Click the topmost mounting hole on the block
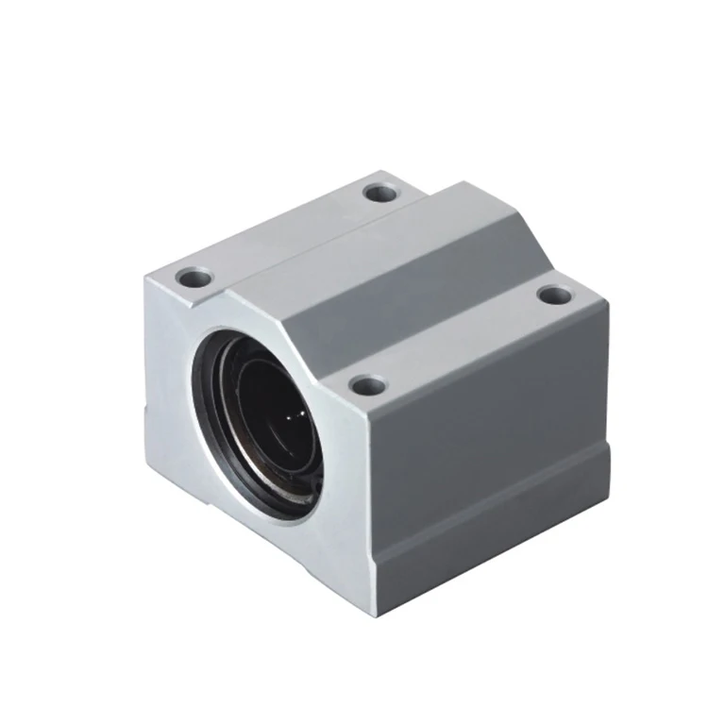380,193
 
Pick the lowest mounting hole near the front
368,385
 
